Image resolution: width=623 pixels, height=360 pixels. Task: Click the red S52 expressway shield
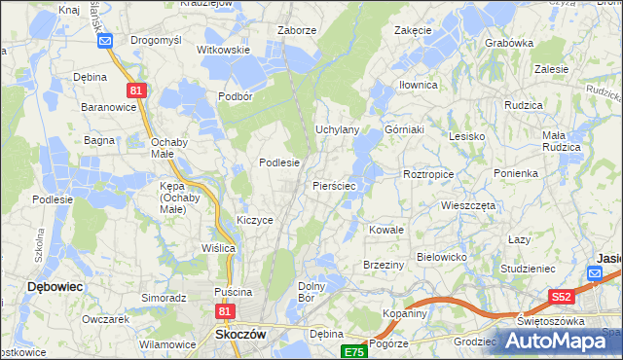pos(561,298)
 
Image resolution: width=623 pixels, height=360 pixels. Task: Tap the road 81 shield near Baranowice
pos(135,90)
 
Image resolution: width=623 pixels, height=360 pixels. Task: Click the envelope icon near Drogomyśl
pos(106,40)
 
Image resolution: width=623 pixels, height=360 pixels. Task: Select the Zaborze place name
pos(297,30)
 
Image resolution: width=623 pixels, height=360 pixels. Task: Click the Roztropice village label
pos(429,173)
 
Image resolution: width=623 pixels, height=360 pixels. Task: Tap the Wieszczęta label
pos(468,206)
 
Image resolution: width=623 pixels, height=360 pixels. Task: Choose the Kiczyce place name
pos(255,220)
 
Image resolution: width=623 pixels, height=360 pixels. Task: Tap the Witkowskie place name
pos(224,50)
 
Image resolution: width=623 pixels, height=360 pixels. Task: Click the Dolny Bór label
pos(311,291)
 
